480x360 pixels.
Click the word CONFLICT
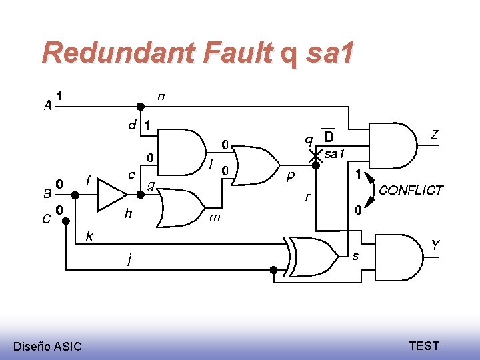[x=411, y=190]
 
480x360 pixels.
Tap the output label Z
[x=434, y=135]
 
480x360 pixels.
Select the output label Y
[x=435, y=245]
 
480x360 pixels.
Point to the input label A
[x=47, y=105]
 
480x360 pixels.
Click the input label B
[x=47, y=193]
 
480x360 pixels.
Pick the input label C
[x=47, y=218]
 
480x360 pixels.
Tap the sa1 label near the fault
[x=334, y=154]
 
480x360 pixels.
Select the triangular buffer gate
[x=111, y=195]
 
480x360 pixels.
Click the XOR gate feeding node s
[x=313, y=257]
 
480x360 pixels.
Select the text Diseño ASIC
[x=47, y=346]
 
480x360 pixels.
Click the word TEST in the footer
[x=424, y=345]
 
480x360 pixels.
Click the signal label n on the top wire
[x=161, y=97]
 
